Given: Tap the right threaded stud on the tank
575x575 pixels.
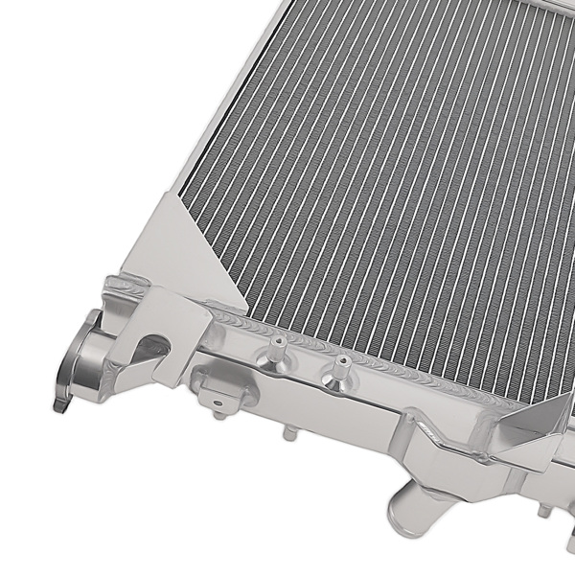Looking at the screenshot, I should pos(338,370).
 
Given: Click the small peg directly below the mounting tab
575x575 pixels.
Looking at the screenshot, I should pos(218,413).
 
